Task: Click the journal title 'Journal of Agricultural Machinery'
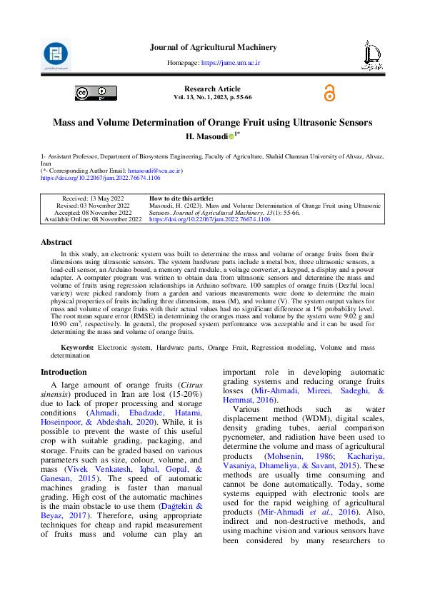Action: [213, 47]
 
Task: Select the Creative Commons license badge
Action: [96, 93]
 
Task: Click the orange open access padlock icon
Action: [329, 93]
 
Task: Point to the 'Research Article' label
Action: [212, 89]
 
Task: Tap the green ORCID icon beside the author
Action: [231, 136]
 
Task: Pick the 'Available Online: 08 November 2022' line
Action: [93, 220]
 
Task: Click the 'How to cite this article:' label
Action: [181, 198]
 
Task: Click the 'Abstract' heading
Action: [56, 242]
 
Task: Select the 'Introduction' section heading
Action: [64, 372]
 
